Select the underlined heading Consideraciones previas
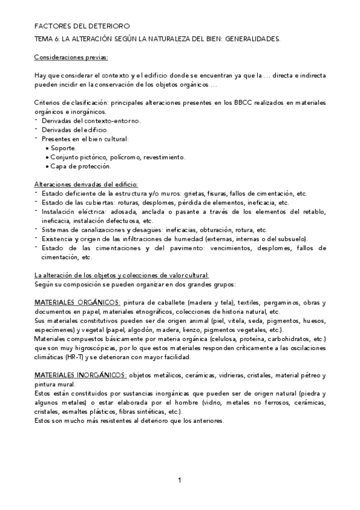[71, 58]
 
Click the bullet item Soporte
[64, 148]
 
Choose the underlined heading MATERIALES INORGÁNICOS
[81, 375]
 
